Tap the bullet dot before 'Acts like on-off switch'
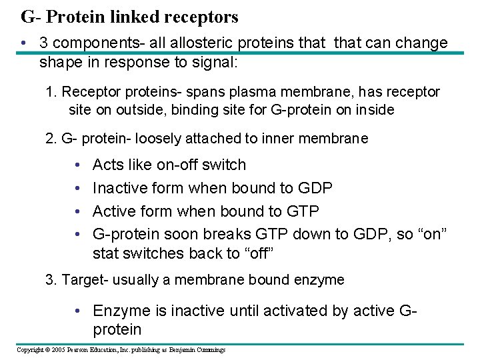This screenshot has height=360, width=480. point(78,165)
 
